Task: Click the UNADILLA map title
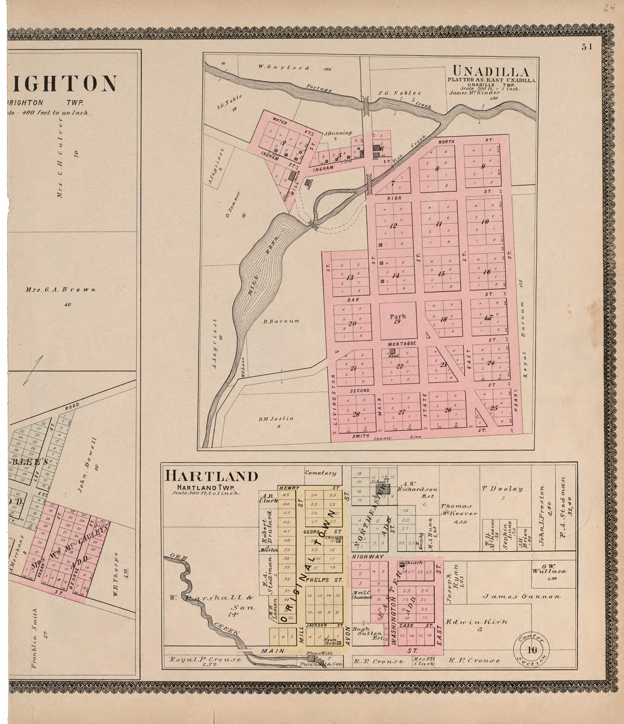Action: (x=491, y=72)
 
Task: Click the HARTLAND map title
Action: (x=211, y=476)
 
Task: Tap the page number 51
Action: (x=587, y=47)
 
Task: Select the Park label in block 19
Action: (x=398, y=316)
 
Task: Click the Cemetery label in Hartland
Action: (x=320, y=473)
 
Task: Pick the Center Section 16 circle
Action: (x=531, y=650)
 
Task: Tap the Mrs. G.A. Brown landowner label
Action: (x=60, y=289)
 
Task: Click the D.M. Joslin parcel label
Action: (x=276, y=418)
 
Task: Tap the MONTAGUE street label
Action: (x=402, y=344)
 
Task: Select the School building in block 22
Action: (x=392, y=351)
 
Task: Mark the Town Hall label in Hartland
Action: (x=330, y=641)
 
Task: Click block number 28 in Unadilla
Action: (x=356, y=414)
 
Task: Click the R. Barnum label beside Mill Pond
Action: (x=281, y=321)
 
